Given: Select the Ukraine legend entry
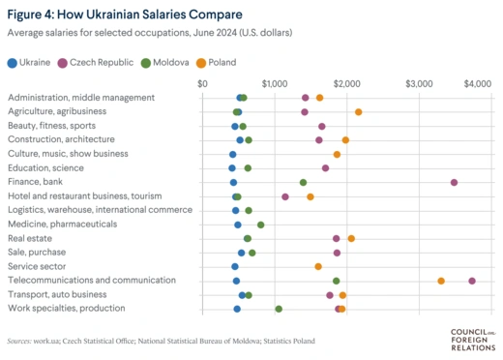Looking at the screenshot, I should pyautogui.click(x=29, y=62).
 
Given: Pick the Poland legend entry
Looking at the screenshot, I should pyautogui.click(x=219, y=62).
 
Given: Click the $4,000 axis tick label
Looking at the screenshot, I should pyautogui.click(x=478, y=83).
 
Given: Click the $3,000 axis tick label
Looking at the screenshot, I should pyautogui.click(x=419, y=83).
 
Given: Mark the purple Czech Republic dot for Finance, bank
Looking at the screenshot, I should pyautogui.click(x=454, y=182).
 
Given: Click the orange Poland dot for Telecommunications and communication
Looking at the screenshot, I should pyautogui.click(x=441, y=281).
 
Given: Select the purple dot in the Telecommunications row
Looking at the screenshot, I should pyautogui.click(x=472, y=281).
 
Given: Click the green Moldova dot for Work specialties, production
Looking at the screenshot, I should pyautogui.click(x=279, y=309).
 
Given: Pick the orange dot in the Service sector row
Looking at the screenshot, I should pyautogui.click(x=318, y=266).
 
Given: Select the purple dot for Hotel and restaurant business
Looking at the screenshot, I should pyautogui.click(x=285, y=196).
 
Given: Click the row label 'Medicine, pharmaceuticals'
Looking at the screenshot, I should pyautogui.click(x=62, y=225).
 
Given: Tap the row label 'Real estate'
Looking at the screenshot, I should pyautogui.click(x=30, y=238).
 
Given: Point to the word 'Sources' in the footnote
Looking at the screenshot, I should pyautogui.click(x=19, y=342).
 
